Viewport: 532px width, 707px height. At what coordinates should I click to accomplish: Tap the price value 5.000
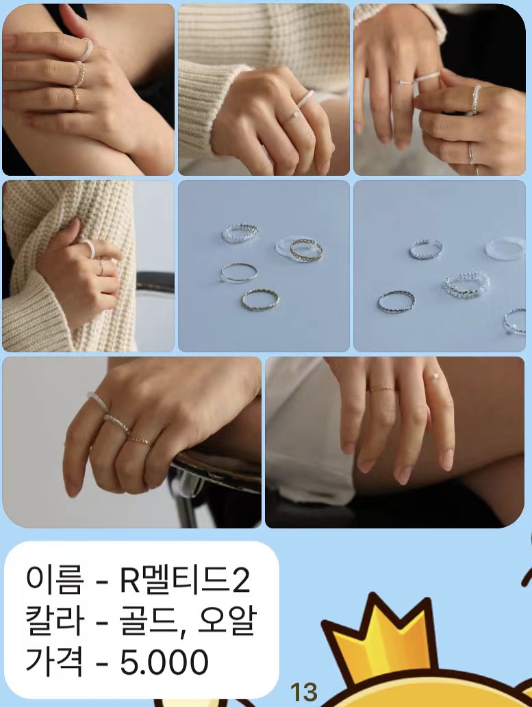164,662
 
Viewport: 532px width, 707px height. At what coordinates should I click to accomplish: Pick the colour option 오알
227,621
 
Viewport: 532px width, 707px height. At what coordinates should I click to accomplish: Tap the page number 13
303,691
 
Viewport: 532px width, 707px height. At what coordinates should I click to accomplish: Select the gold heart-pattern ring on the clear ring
306,249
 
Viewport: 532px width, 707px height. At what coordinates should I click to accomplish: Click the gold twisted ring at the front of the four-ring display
259,299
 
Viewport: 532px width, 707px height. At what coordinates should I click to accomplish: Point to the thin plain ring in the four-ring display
238,272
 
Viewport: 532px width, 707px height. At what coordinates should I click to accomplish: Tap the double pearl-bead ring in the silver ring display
466,283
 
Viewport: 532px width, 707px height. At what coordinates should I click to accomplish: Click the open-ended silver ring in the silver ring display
426,248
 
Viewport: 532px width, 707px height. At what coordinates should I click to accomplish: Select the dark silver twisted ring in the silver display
396,301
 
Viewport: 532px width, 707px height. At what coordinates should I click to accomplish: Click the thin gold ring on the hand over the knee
381,389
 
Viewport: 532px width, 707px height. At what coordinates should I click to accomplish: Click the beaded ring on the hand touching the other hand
476,99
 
